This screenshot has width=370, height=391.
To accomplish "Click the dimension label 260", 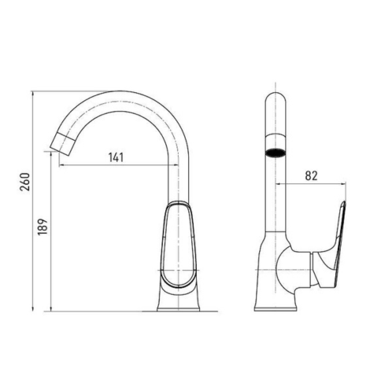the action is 25,182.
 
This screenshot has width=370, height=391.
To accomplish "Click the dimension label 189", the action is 43,227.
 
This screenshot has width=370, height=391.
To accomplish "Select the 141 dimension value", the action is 116,157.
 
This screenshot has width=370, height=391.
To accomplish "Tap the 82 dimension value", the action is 311,175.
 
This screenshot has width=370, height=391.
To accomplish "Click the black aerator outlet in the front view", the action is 276,153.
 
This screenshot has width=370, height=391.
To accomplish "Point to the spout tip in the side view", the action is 61,143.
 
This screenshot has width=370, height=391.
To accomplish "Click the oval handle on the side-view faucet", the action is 179,245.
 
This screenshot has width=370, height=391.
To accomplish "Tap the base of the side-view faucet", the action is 179,308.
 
